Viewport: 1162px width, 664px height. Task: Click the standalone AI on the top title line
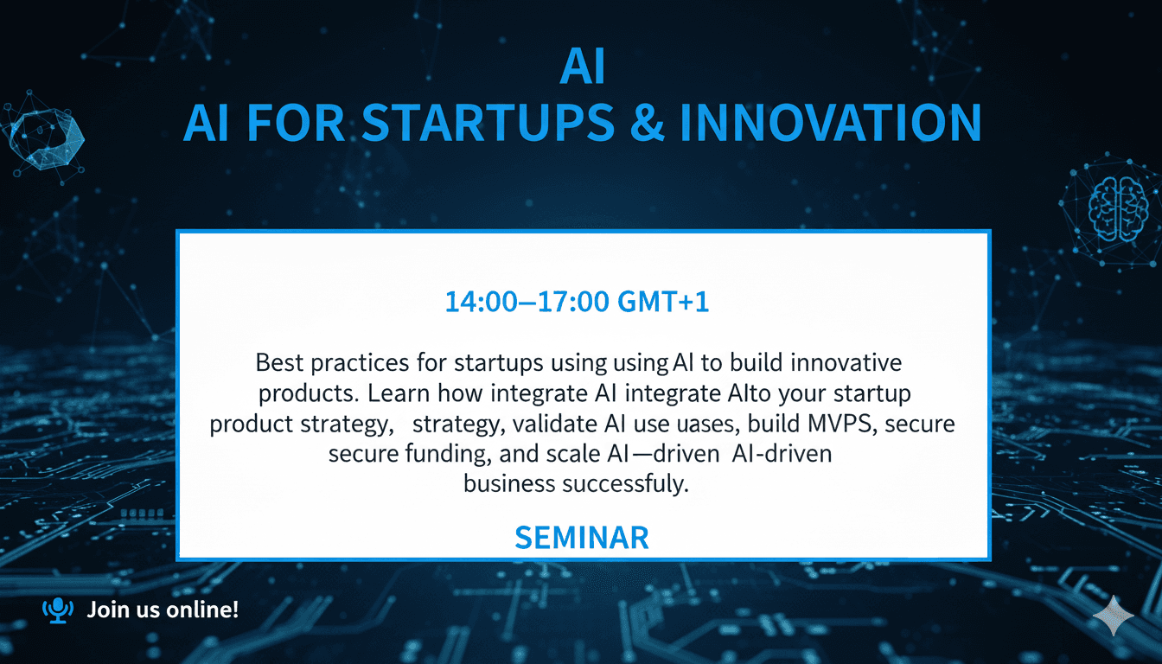582,70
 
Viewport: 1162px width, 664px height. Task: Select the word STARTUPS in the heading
481,123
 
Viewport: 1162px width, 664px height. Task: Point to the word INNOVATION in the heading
831,123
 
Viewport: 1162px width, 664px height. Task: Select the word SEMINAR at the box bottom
581,538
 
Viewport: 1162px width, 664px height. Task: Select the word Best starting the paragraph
278,361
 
